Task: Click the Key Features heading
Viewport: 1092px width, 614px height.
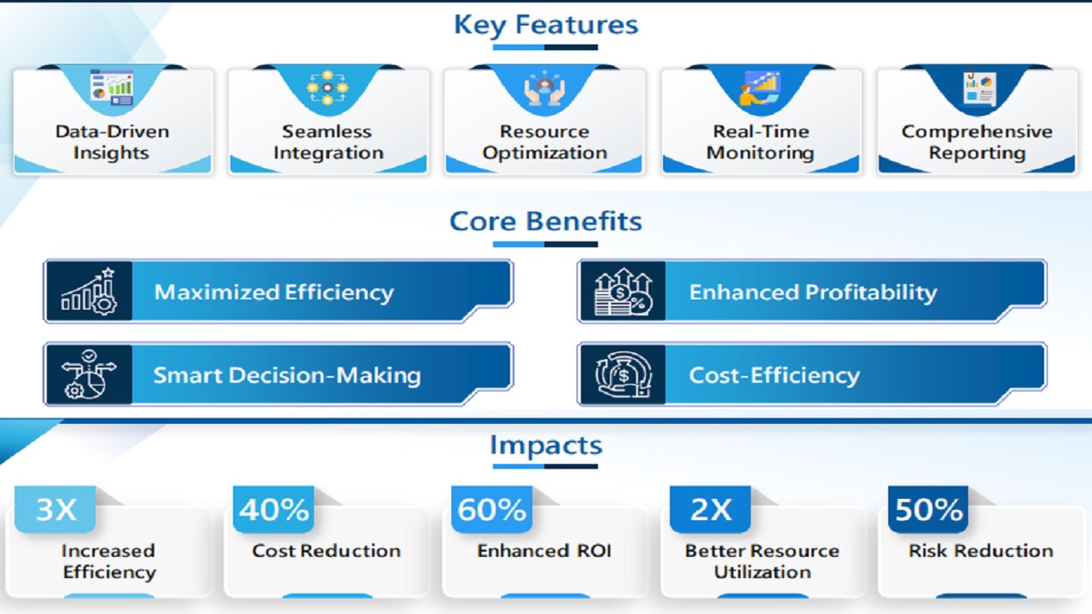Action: coord(546,25)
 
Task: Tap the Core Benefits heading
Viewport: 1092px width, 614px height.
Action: coord(545,221)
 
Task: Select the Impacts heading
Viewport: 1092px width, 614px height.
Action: coord(546,445)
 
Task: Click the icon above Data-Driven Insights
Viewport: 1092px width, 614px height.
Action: coord(112,88)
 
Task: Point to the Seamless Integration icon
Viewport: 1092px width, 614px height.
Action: coord(328,88)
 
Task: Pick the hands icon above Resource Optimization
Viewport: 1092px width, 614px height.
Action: coord(544,88)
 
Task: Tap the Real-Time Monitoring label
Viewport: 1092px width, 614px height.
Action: coord(760,142)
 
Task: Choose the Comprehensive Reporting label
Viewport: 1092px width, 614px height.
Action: coord(977,142)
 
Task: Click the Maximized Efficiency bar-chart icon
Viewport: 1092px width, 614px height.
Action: coord(89,292)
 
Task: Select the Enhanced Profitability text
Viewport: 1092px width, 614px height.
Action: coord(813,293)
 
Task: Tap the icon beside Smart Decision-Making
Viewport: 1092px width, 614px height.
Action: coord(89,374)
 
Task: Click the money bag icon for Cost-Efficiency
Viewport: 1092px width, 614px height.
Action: coord(623,374)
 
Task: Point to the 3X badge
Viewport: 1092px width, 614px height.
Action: coord(55,509)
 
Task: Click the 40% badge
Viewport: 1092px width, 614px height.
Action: coord(274,509)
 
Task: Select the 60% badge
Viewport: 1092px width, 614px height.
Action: coord(492,509)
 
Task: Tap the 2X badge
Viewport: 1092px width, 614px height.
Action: coord(711,509)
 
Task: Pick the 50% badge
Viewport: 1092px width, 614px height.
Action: coord(928,509)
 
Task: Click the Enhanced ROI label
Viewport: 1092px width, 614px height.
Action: coord(544,551)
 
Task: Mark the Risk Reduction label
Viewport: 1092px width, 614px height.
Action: coord(981,551)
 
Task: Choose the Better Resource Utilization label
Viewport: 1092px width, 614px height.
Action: coord(763,561)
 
